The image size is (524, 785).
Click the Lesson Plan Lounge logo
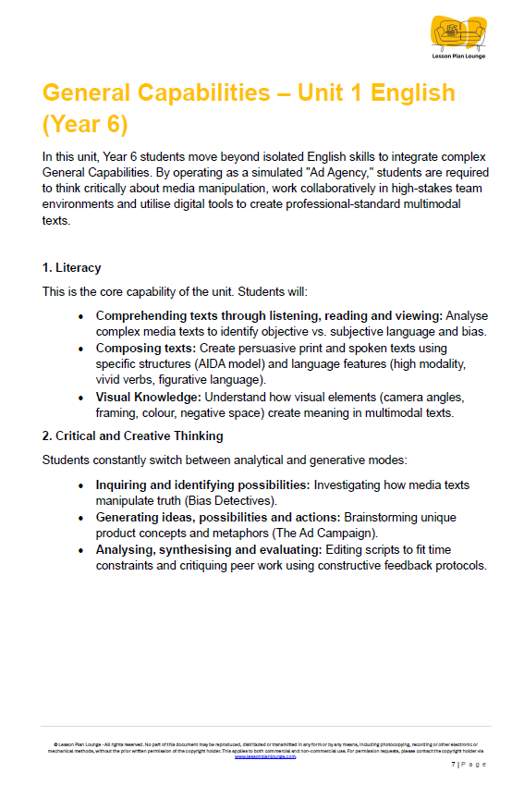(457, 37)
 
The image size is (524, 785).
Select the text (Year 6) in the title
(84, 123)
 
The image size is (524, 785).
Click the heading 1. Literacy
(72, 268)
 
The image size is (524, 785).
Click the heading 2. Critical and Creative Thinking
(132, 435)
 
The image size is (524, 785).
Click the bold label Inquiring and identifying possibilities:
(203, 484)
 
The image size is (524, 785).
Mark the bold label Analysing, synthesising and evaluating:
(207, 550)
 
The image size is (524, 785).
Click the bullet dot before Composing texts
(81, 349)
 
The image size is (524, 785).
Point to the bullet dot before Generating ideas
(81, 518)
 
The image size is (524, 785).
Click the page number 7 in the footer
(453, 765)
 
